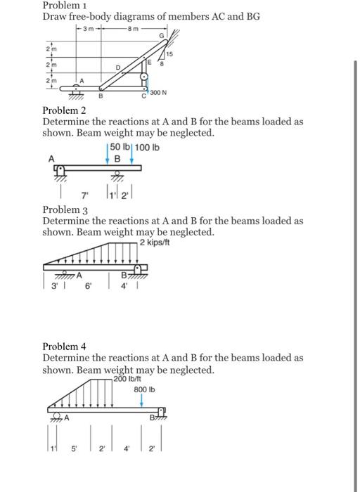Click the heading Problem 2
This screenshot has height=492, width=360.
click(64, 110)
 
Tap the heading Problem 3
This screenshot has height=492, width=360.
click(64, 210)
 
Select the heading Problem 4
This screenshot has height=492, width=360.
click(64, 347)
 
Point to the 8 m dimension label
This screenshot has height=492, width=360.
click(131, 29)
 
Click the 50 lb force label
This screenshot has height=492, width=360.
click(116, 146)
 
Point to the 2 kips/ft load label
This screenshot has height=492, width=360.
click(155, 242)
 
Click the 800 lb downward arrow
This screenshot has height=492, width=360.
click(143, 401)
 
